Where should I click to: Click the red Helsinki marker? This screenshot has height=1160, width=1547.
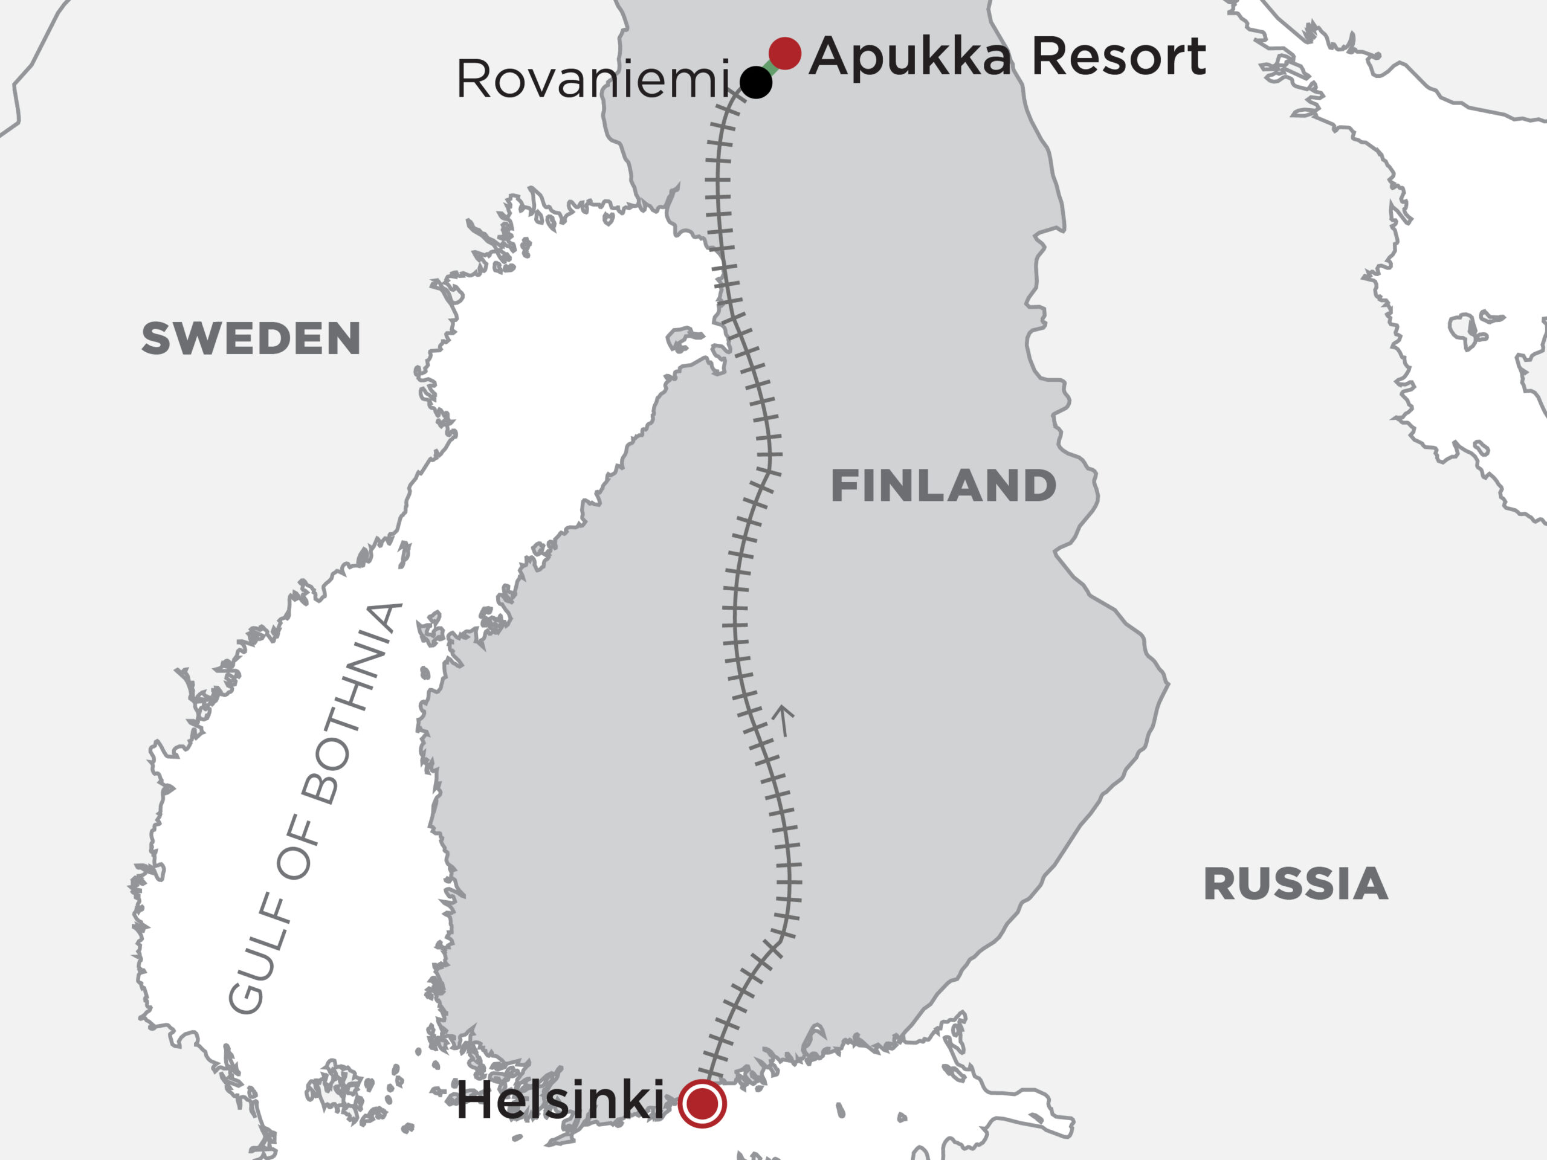pyautogui.click(x=702, y=1104)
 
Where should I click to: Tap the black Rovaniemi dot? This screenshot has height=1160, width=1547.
pyautogui.click(x=755, y=83)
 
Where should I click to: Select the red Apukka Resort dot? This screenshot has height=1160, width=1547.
pyautogui.click(x=785, y=53)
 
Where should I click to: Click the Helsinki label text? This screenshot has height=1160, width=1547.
pyautogui.click(x=560, y=1101)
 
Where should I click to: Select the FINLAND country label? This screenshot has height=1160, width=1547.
pyautogui.click(x=943, y=486)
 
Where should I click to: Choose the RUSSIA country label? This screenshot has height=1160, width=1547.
pyautogui.click(x=1295, y=884)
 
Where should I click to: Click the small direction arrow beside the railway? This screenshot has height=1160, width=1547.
pyautogui.click(x=783, y=721)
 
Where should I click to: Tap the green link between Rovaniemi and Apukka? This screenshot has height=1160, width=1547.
pyautogui.click(x=770, y=68)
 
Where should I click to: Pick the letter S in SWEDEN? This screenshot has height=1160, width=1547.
pyautogui.click(x=155, y=339)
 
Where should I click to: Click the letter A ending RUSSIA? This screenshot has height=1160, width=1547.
pyautogui.click(x=1372, y=884)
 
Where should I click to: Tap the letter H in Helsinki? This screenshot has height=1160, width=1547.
pyautogui.click(x=476, y=1101)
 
